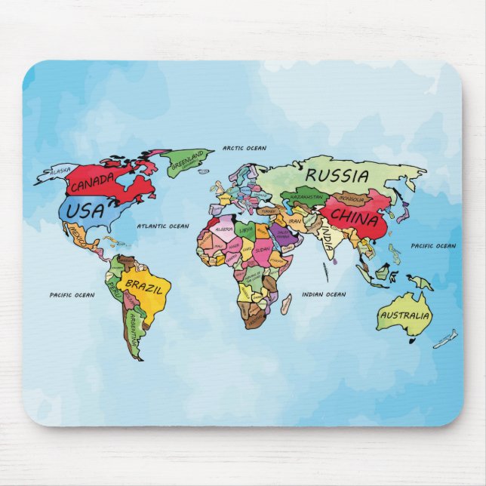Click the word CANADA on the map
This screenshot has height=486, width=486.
pyautogui.click(x=93, y=181)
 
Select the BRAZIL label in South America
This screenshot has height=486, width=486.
pyautogui.click(x=143, y=285)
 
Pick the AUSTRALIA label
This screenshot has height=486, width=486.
pyautogui.click(x=404, y=315)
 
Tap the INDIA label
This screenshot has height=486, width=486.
pyautogui.click(x=327, y=236)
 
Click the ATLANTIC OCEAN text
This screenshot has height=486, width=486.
pyautogui.click(x=162, y=226)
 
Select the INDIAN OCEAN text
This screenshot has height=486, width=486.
pyautogui.click(x=324, y=294)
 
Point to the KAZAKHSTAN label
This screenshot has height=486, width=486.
pyautogui.click(x=306, y=198)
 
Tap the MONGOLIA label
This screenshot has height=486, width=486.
pyautogui.click(x=351, y=199)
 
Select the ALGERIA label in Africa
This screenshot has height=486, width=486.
pyautogui.click(x=224, y=229)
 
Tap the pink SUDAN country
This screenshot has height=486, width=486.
pyautogui.click(x=263, y=248)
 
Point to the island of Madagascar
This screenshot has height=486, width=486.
pyautogui.click(x=286, y=304)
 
